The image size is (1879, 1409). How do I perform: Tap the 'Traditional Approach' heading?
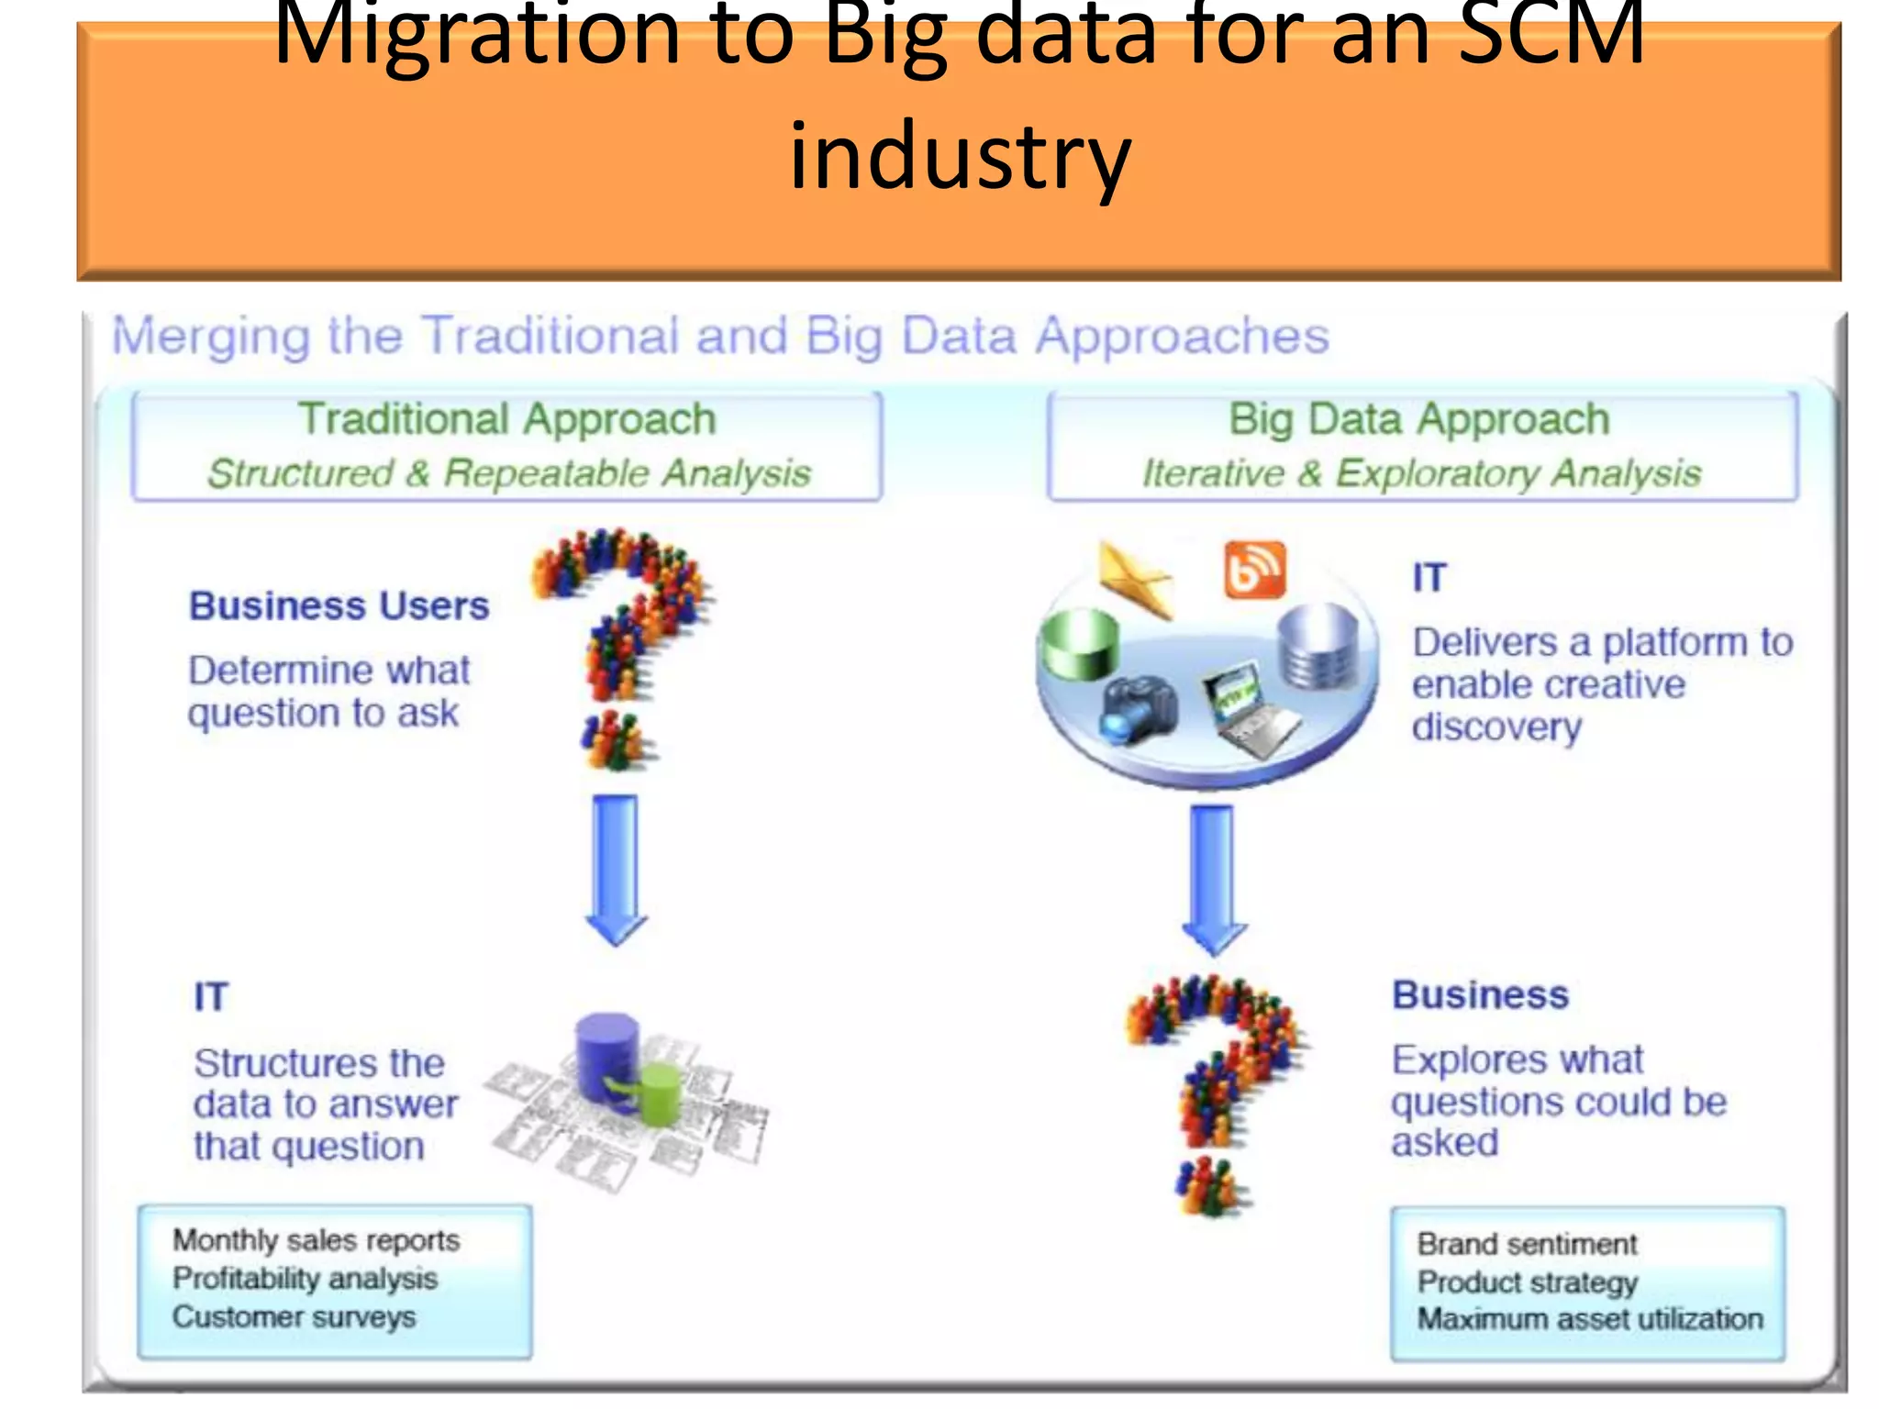click(507, 419)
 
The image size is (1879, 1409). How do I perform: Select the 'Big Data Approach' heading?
click(1419, 419)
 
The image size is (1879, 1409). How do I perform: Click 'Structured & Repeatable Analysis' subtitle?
click(509, 473)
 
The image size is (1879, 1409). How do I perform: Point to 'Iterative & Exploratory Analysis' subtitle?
click(1421, 473)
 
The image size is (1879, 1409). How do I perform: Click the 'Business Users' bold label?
click(339, 606)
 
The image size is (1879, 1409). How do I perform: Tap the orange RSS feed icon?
click(1255, 570)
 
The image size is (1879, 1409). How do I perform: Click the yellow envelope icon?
click(1136, 579)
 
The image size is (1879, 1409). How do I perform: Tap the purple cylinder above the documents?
click(607, 1055)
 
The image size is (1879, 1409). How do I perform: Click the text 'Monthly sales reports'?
click(317, 1240)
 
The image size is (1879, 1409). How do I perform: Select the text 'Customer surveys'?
click(294, 1317)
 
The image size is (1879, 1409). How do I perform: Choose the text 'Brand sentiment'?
click(1527, 1244)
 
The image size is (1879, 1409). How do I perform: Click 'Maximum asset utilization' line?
click(1590, 1319)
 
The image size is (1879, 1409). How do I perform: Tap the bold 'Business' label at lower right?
click(1480, 995)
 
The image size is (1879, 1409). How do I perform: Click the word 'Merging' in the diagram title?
click(211, 336)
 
